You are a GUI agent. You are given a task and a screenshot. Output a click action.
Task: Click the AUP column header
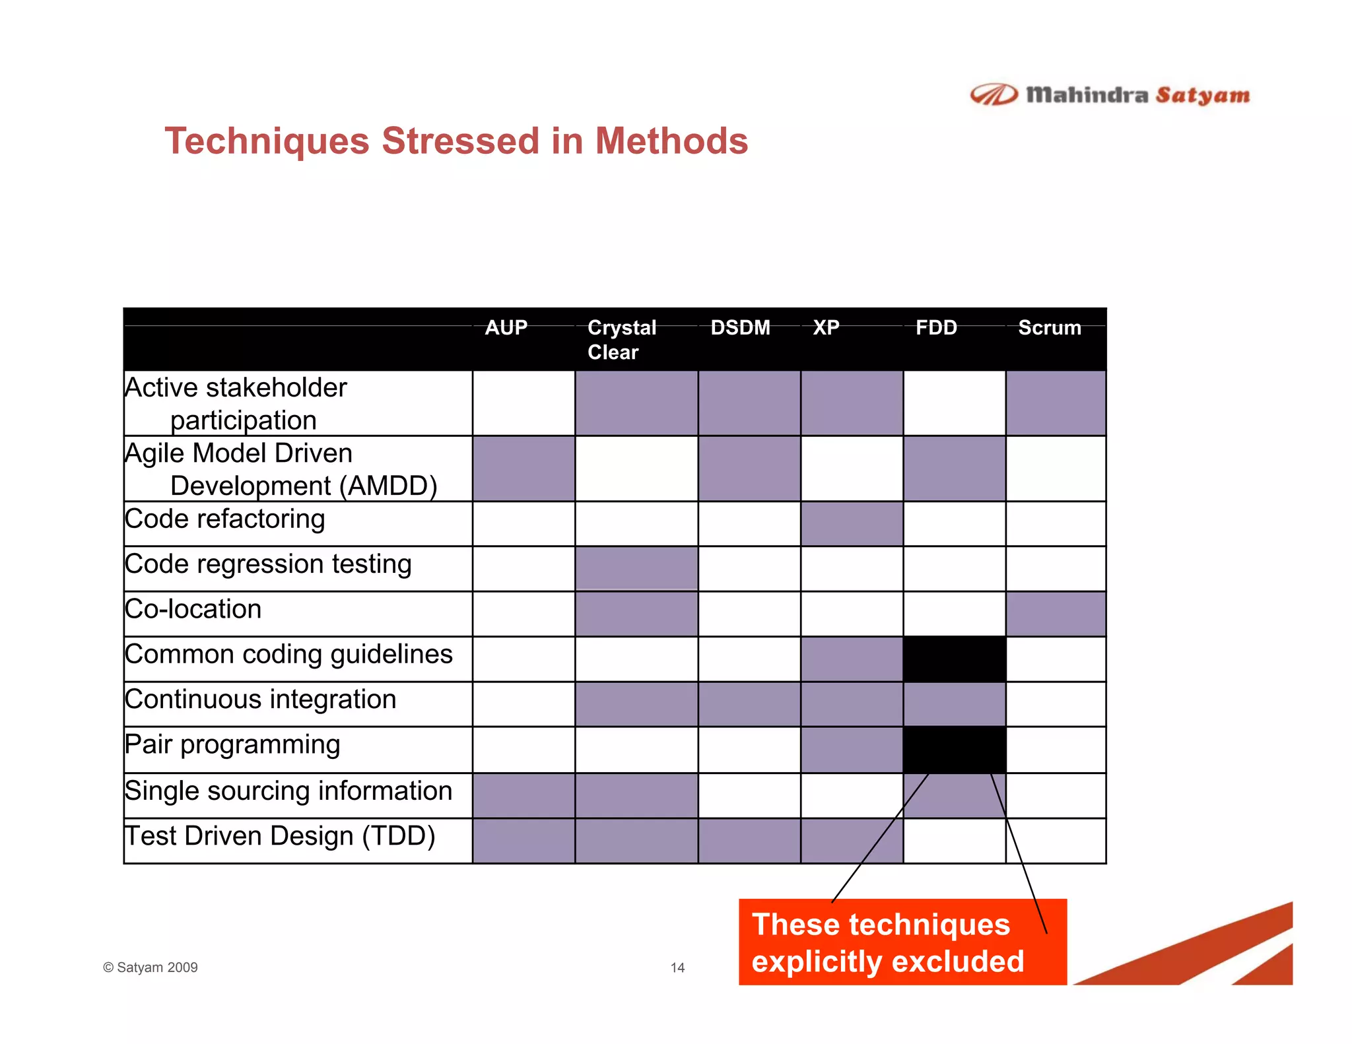506,328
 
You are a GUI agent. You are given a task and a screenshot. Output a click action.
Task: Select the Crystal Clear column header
621,339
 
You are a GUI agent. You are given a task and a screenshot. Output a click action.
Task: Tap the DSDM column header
740,328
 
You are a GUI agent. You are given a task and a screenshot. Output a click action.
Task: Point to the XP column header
826,328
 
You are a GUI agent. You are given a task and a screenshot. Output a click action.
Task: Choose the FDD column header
936,328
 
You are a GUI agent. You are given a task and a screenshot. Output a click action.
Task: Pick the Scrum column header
1049,328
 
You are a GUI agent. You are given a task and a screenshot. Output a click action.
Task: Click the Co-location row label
193,609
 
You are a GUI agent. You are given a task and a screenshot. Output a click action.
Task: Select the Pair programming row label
232,744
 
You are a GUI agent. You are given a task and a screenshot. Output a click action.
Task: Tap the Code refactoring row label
225,519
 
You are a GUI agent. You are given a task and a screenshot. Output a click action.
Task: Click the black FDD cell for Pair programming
954,749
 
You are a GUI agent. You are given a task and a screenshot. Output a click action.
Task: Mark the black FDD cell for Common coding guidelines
954,659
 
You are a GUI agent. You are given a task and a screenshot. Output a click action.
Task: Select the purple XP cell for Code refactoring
852,524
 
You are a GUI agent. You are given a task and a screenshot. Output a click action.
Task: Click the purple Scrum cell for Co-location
1056,614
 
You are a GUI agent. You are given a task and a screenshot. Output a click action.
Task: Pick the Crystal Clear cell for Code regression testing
636,568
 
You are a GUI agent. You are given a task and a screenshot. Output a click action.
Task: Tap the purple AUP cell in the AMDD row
524,469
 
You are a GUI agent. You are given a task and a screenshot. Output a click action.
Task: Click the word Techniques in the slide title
267,141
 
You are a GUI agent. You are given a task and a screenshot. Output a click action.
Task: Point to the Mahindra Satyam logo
1110,96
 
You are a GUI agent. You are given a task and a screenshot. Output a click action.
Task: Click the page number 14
677,967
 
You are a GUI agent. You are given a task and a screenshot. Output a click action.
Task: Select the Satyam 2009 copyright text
151,967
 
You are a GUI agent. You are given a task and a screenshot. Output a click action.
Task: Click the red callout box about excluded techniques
902,942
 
